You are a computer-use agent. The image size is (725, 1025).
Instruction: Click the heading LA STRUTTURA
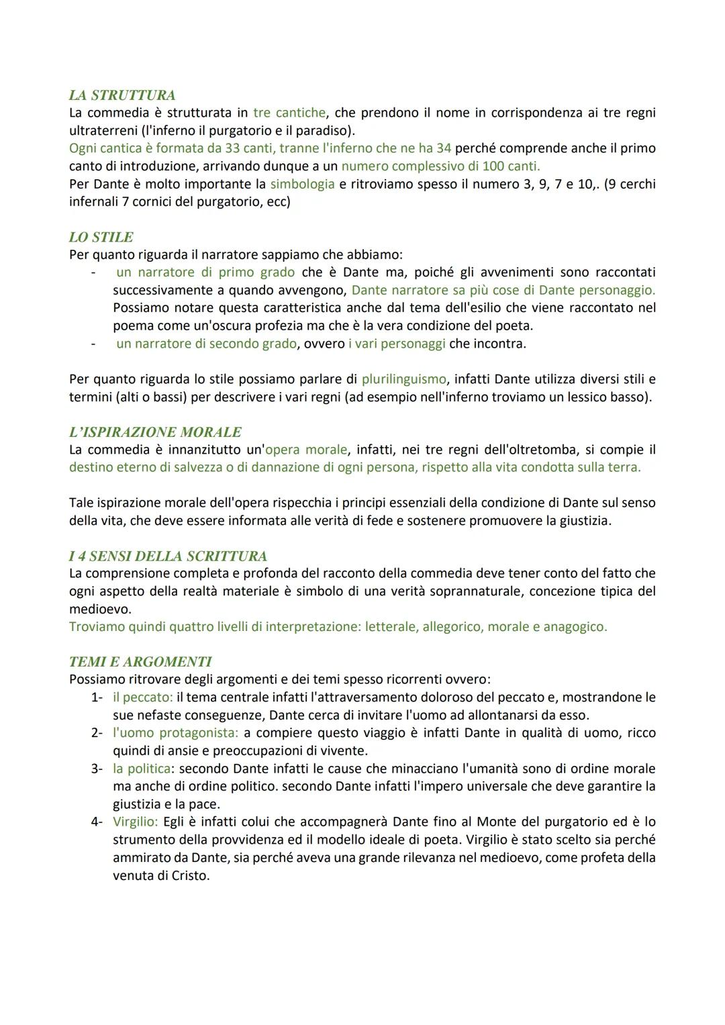122,95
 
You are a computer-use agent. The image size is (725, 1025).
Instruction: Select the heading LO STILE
101,237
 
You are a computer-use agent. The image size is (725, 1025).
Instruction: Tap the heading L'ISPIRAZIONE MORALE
155,432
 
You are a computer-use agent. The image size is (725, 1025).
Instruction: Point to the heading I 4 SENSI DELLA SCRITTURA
168,556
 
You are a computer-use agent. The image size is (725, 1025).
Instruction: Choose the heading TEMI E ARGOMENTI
140,661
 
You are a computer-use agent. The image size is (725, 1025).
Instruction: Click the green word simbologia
302,184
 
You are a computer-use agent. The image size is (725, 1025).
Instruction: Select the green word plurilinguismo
403,379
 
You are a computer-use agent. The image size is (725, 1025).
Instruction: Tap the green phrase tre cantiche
289,113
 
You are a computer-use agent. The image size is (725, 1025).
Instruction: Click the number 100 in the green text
495,166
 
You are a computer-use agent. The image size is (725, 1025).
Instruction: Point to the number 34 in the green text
443,148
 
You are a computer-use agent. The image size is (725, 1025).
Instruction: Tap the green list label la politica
141,769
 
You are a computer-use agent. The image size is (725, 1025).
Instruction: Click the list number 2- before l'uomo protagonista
97,733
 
